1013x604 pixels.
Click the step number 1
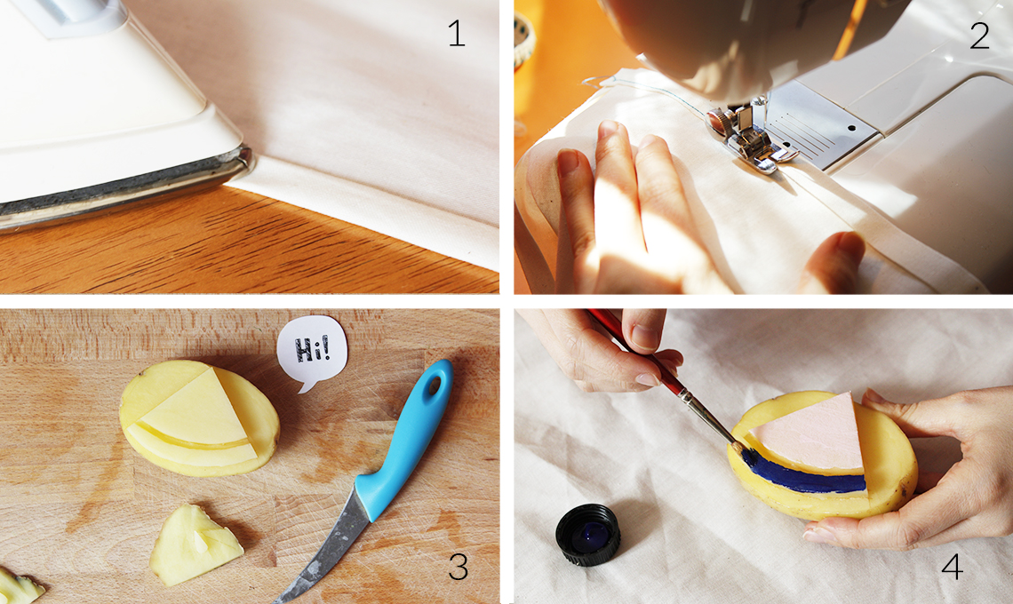[x=457, y=34]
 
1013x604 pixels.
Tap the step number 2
[x=979, y=36]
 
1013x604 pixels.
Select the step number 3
[x=458, y=568]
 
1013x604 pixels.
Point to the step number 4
[x=953, y=567]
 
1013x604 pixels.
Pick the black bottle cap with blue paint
[x=588, y=535]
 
